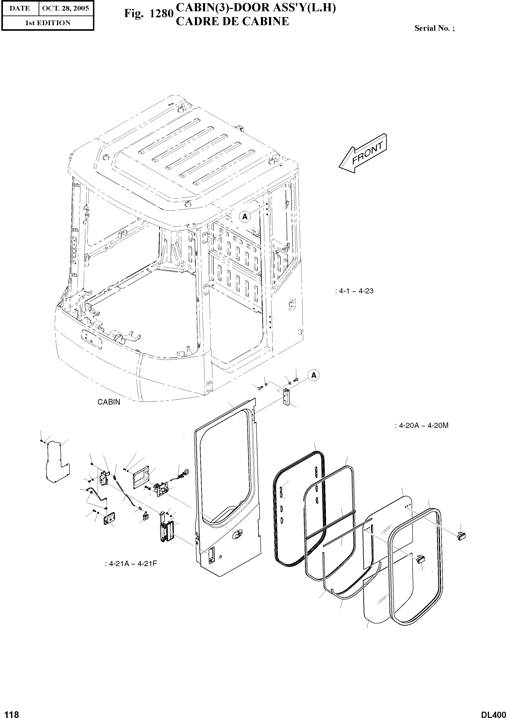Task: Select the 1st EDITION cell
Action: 48,23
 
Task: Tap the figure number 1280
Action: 161,13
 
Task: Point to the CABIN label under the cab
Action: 109,402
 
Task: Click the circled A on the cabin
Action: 245,216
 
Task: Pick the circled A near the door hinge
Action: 314,375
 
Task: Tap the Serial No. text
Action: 434,28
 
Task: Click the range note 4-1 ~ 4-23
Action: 354,291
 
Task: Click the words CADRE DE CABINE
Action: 232,21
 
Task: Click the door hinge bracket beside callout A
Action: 286,397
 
